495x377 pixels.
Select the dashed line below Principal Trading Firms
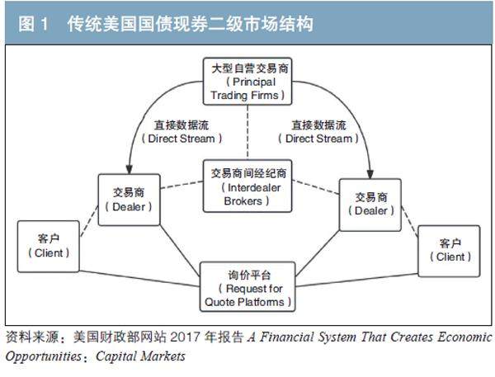(248, 132)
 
